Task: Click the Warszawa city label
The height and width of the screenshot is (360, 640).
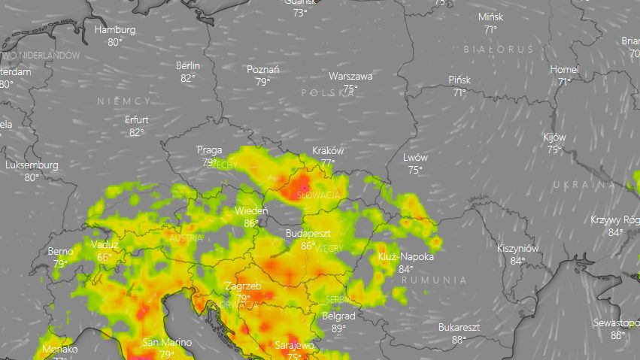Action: [x=350, y=76]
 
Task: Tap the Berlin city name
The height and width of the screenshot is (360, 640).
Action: [x=188, y=65]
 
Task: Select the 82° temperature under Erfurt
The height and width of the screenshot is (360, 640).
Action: [x=136, y=132]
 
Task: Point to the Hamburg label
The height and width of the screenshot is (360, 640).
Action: [x=115, y=30]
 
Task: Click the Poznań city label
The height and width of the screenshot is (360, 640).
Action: [x=263, y=70]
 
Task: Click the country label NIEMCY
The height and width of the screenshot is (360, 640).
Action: [x=124, y=100]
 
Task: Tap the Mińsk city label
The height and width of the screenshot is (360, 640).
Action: [x=490, y=17]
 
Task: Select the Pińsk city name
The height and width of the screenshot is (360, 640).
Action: [x=459, y=80]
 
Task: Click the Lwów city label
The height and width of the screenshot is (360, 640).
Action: [x=414, y=158]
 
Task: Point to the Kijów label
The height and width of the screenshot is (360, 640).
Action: [x=554, y=138]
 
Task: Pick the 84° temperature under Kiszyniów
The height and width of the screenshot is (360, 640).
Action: [x=517, y=261]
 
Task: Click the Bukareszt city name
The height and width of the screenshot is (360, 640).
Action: [x=459, y=327]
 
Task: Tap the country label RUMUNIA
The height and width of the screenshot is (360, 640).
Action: [x=434, y=280]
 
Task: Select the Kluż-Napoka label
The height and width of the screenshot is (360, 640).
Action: [x=407, y=257]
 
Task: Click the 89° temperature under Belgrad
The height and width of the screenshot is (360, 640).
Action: [x=338, y=328]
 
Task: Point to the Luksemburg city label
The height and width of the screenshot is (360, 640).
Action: [x=32, y=165]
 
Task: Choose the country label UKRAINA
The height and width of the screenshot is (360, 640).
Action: [x=584, y=185]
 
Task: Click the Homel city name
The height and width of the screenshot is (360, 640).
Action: [x=564, y=69]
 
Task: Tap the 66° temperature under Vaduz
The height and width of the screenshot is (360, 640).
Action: [x=105, y=257]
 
